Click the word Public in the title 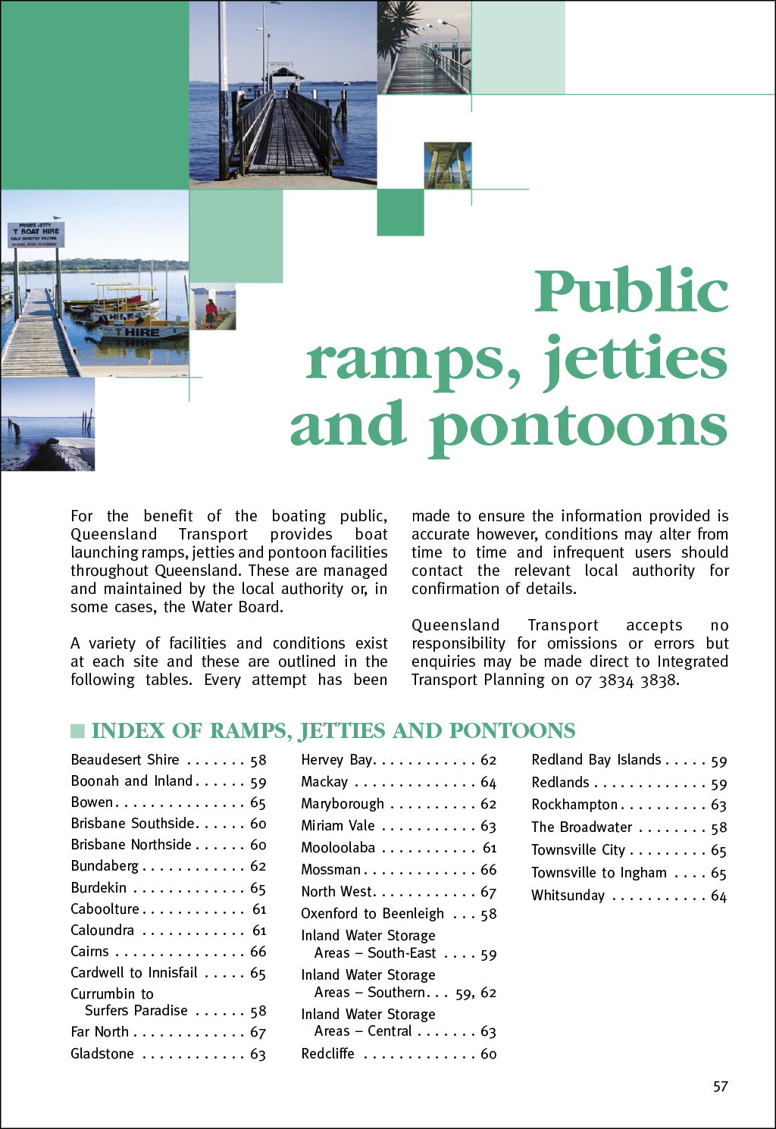631,292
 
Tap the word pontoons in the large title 579,426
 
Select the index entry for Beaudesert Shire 125,760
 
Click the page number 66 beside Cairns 258,952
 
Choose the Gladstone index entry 102,1054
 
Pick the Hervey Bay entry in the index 336,760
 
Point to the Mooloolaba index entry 338,848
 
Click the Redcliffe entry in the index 327,1054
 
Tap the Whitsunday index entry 568,896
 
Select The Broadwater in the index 581,827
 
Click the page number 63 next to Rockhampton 718,805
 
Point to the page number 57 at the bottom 720,1087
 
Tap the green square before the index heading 77,730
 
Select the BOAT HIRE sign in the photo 36,233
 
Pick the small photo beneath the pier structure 447,165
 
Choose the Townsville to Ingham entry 599,873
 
